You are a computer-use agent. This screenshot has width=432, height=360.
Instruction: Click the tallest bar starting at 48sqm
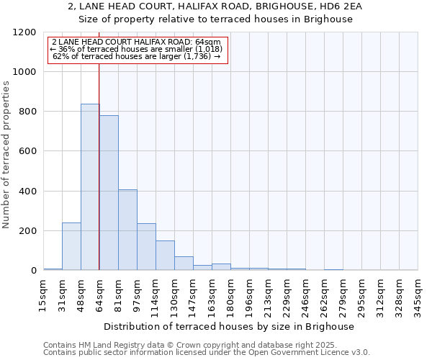(x=90, y=187)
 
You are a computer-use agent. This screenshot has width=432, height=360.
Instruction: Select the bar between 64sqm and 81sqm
(x=109, y=193)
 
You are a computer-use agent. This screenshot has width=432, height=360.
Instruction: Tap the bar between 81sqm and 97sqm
(x=127, y=230)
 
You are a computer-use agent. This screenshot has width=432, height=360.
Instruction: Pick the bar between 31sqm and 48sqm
(x=71, y=246)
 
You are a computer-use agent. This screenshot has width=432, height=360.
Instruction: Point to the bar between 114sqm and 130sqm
(x=165, y=256)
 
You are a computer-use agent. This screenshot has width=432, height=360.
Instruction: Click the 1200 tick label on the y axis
(x=24, y=32)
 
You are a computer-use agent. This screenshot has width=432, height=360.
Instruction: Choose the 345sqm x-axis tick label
(x=418, y=293)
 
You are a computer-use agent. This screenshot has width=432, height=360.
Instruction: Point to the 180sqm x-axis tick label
(x=230, y=293)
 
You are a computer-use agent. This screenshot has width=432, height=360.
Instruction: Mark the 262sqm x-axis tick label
(x=324, y=293)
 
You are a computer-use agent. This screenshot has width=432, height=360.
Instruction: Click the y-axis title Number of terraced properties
(x=6, y=155)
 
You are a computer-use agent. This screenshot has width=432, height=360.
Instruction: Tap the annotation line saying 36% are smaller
(x=137, y=49)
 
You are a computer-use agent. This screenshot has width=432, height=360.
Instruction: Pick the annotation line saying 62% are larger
(x=137, y=55)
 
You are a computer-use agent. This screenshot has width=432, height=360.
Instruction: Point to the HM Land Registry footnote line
(x=205, y=345)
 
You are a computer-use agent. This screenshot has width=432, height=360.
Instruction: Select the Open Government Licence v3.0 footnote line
(x=207, y=352)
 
